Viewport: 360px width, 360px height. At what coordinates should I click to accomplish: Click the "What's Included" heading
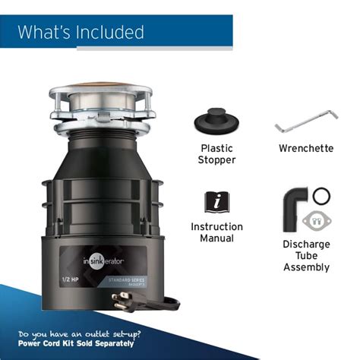coord(81,32)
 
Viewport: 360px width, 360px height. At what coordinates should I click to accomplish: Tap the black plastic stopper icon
coord(216,122)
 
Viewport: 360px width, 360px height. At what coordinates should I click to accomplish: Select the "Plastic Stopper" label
coord(216,154)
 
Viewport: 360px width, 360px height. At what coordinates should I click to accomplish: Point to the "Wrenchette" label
coord(305,148)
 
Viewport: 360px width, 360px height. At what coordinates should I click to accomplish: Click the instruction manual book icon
coord(216,201)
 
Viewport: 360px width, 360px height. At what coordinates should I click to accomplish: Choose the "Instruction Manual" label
coord(216,232)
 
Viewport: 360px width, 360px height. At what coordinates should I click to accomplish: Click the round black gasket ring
coord(322,196)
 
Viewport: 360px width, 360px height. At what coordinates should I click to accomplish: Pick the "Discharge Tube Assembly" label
coord(306,255)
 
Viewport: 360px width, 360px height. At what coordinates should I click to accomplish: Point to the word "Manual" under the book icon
coord(216,238)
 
